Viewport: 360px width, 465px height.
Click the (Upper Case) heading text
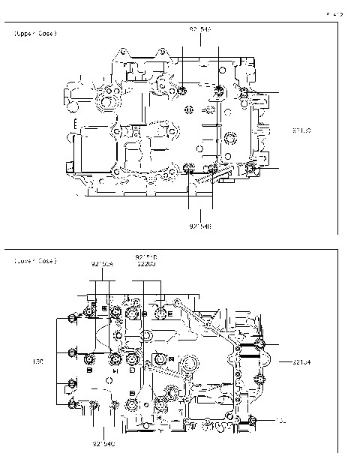point(34,34)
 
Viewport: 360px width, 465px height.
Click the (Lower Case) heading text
point(34,260)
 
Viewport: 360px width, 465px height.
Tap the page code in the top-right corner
point(334,13)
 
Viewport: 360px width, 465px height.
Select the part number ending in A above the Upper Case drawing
point(200,29)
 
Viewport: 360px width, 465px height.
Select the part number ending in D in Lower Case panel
point(146,257)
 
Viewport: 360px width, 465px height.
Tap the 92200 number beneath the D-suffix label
point(146,264)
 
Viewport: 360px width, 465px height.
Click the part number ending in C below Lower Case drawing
point(104,444)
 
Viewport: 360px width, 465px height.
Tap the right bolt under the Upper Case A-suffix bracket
point(217,92)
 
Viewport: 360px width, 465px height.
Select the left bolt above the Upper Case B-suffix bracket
point(188,166)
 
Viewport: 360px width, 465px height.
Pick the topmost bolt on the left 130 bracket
point(71,319)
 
